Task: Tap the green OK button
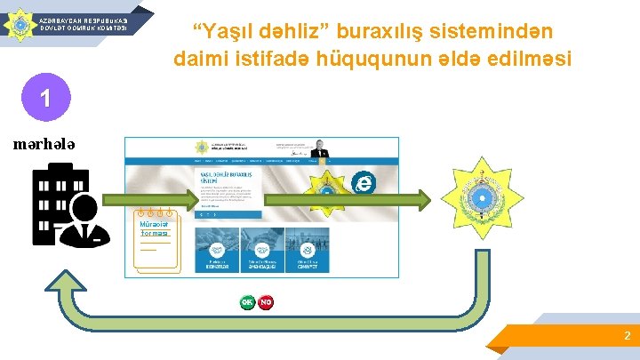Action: click(247, 302)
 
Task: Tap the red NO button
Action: click(266, 302)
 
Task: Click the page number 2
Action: click(627, 336)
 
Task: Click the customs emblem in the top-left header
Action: click(17, 23)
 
